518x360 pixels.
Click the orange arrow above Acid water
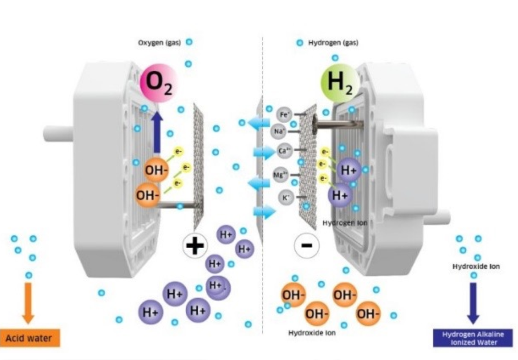tap(29, 302)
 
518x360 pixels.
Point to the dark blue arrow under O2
tap(157, 132)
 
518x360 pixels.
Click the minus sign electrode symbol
tap(307, 245)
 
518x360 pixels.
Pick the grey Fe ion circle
tap(284, 114)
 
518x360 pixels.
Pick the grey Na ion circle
tap(279, 132)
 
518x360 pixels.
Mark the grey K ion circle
tap(285, 197)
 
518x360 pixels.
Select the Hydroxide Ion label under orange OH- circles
tap(312, 333)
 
